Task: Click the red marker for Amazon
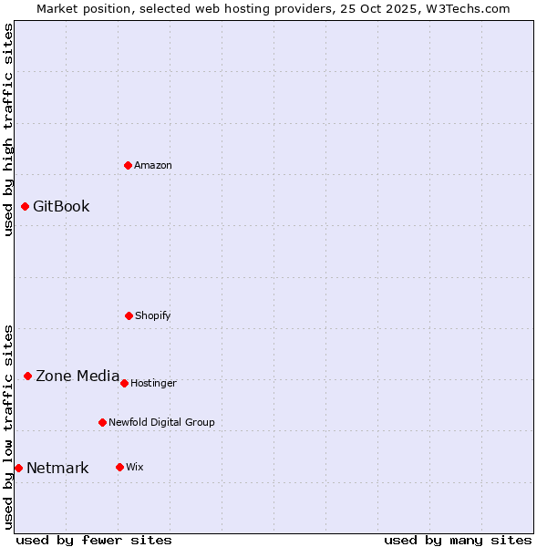[129, 165]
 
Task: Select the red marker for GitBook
[25, 206]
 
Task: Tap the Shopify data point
[129, 315]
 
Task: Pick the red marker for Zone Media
[27, 376]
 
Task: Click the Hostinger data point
[124, 383]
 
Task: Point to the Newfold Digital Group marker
[102, 422]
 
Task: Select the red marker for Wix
[119, 467]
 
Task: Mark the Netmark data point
[18, 468]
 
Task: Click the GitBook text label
[61, 206]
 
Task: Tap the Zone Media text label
[77, 376]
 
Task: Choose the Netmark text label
[57, 469]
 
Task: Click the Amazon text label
[153, 165]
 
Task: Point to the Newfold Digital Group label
[161, 422]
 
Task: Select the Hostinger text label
[153, 383]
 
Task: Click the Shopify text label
[153, 315]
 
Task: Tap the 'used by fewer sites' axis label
[94, 540]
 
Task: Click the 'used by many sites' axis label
[458, 540]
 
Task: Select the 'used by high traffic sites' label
[8, 130]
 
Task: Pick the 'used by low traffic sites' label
[8, 427]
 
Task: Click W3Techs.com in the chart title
[463, 8]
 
